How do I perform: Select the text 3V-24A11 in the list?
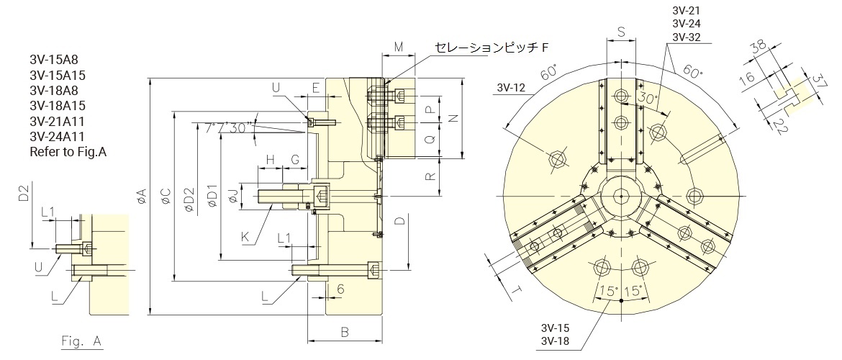coord(58,136)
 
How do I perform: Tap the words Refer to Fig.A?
coord(68,152)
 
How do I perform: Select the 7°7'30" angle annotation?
coord(225,127)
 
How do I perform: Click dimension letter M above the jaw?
coord(399,48)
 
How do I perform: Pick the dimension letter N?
coord(453,118)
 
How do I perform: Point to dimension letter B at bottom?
coord(345,332)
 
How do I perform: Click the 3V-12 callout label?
coord(511,89)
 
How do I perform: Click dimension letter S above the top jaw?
coord(621,32)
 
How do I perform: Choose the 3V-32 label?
coord(686,37)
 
